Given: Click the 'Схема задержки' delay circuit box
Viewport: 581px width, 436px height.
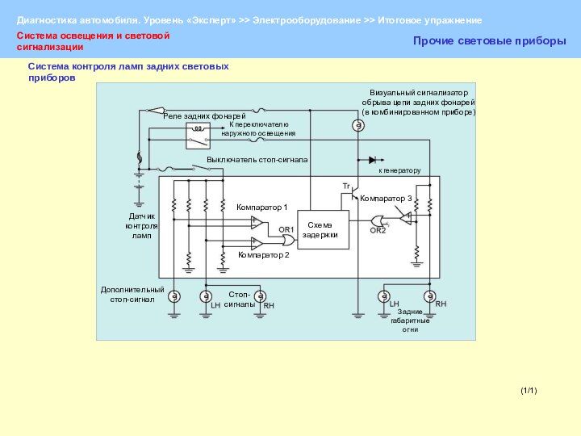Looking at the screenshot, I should [323, 228].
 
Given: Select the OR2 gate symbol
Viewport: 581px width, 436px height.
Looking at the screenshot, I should [378, 220].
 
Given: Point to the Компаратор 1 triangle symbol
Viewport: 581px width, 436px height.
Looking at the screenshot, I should [257, 223].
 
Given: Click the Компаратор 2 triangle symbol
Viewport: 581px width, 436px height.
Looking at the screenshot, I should [257, 242].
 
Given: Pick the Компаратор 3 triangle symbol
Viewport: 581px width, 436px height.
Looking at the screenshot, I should [407, 218].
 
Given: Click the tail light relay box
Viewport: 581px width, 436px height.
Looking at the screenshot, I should [198, 136].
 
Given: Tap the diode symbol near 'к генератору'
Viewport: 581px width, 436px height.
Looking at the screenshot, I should [372, 160].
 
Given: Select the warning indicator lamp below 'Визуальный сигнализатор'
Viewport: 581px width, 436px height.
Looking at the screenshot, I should [357, 125].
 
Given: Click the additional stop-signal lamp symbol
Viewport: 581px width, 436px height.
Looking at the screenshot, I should [173, 296].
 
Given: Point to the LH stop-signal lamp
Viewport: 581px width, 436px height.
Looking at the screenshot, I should [206, 296].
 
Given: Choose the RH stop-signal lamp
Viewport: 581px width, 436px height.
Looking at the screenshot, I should [261, 296].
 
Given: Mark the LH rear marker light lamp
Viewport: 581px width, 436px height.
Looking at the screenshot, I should [385, 296].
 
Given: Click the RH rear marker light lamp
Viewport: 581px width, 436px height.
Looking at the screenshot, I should [430, 296].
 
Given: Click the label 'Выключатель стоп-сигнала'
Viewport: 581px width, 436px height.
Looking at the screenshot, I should [257, 160].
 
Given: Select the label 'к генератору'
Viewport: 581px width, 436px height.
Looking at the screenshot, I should [399, 171].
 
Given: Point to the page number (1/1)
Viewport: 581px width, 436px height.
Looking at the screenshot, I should [529, 391].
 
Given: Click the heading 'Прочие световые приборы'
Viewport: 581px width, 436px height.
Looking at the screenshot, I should [489, 40].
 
